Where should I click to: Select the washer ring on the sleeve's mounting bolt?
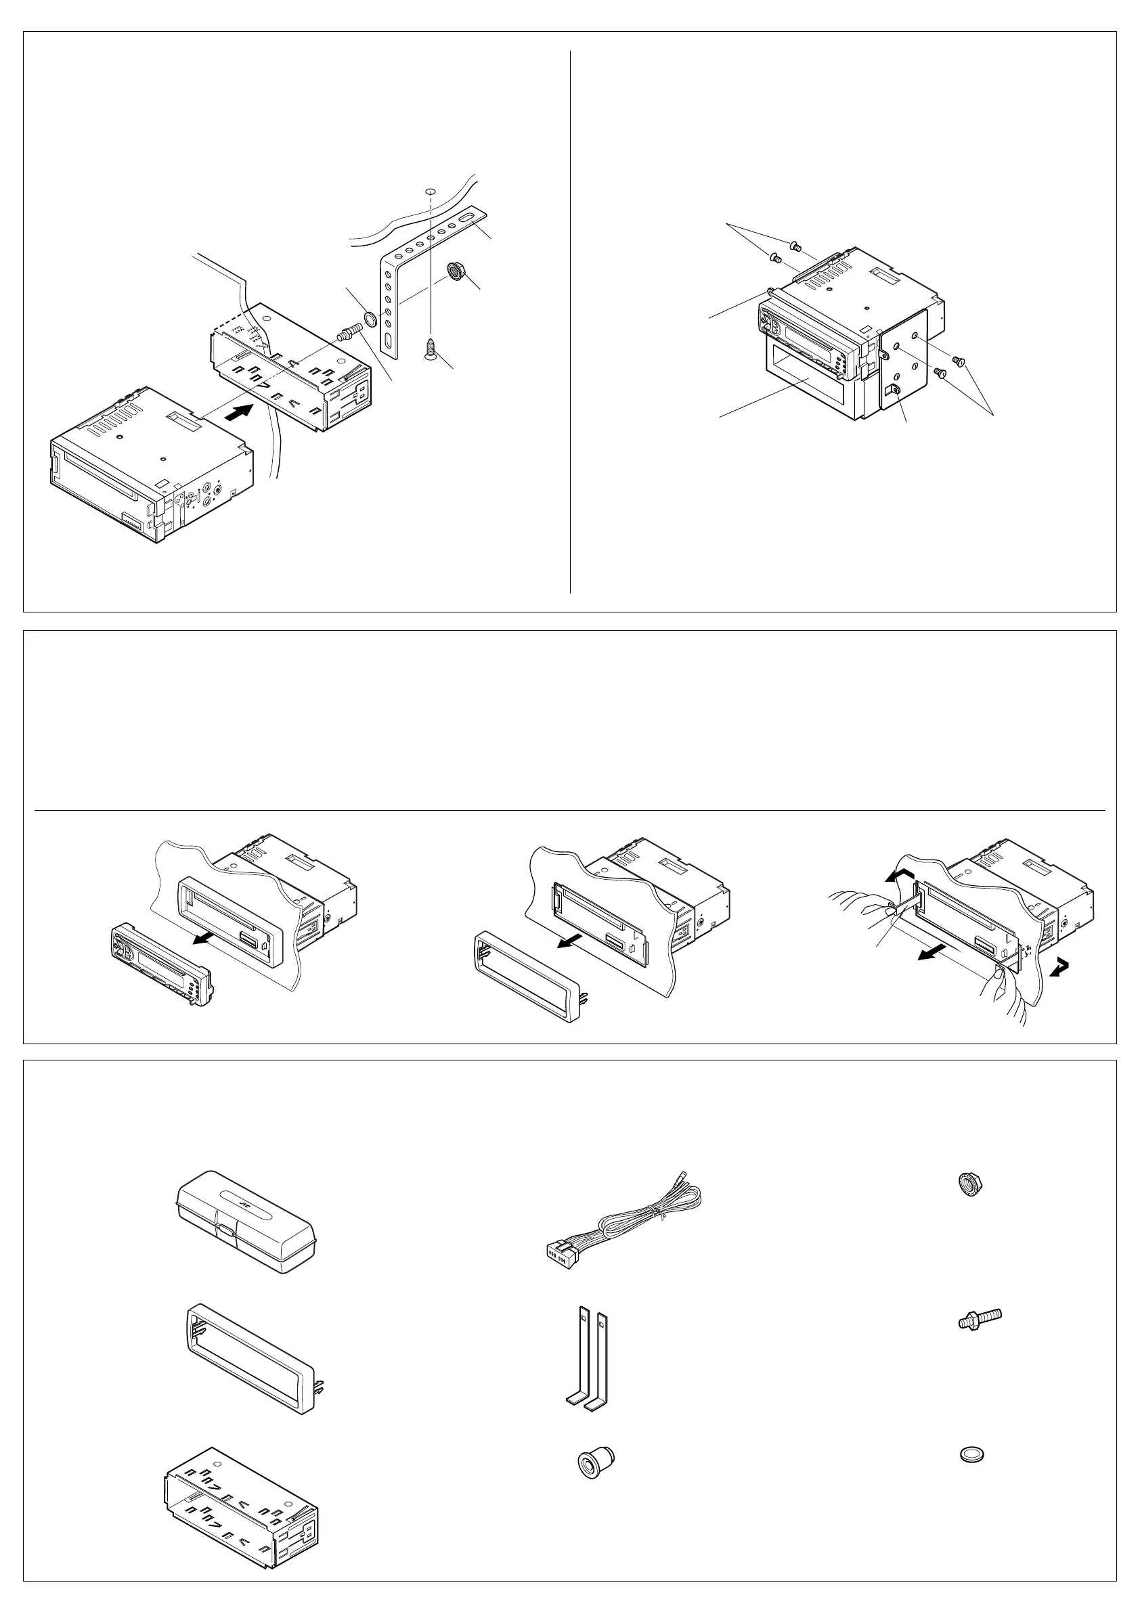(x=370, y=319)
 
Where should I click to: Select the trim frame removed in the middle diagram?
(x=526, y=977)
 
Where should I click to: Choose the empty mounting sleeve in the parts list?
(x=241, y=1502)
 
